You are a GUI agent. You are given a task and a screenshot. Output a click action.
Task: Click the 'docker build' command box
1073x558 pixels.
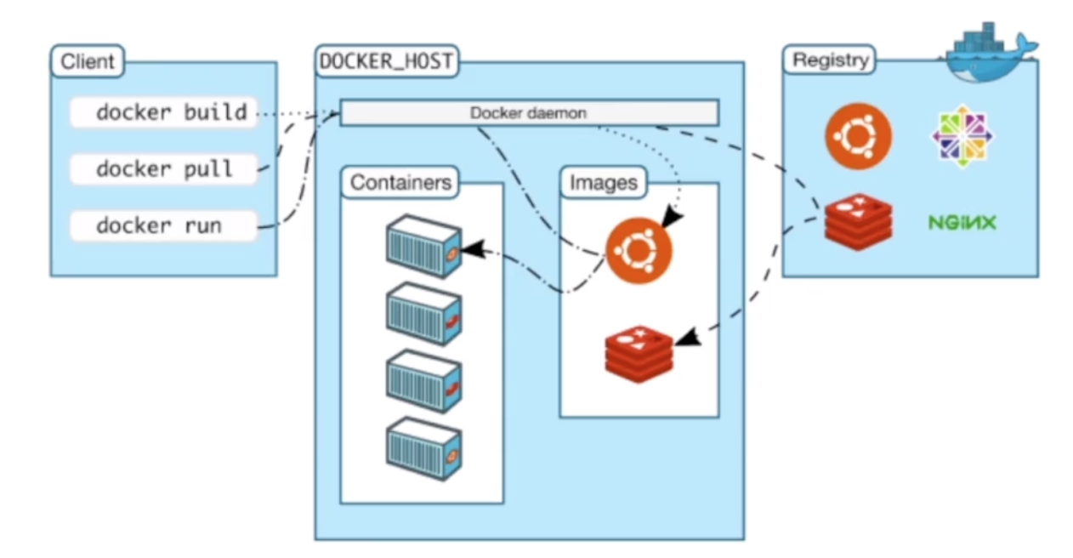(163, 112)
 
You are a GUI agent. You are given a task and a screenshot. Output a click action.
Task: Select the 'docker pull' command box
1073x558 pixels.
(163, 168)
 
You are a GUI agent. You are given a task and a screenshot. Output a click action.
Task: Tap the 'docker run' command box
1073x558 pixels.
(163, 225)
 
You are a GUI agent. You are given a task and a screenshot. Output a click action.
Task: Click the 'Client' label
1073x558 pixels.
(87, 61)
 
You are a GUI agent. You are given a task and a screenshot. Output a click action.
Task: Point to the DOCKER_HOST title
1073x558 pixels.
(385, 61)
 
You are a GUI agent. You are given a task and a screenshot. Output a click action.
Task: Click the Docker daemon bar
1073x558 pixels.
(528, 112)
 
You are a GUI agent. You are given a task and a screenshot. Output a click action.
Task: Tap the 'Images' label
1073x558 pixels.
(603, 183)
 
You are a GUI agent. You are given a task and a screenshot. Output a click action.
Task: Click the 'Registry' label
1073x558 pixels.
(830, 60)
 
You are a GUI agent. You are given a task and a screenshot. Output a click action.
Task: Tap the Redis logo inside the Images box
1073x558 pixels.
(639, 353)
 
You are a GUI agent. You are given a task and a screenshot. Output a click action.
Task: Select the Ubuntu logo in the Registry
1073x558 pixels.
(858, 137)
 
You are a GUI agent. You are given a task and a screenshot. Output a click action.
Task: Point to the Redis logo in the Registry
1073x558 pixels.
(858, 220)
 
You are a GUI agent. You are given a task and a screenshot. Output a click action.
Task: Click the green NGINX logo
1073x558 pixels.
(962, 223)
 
